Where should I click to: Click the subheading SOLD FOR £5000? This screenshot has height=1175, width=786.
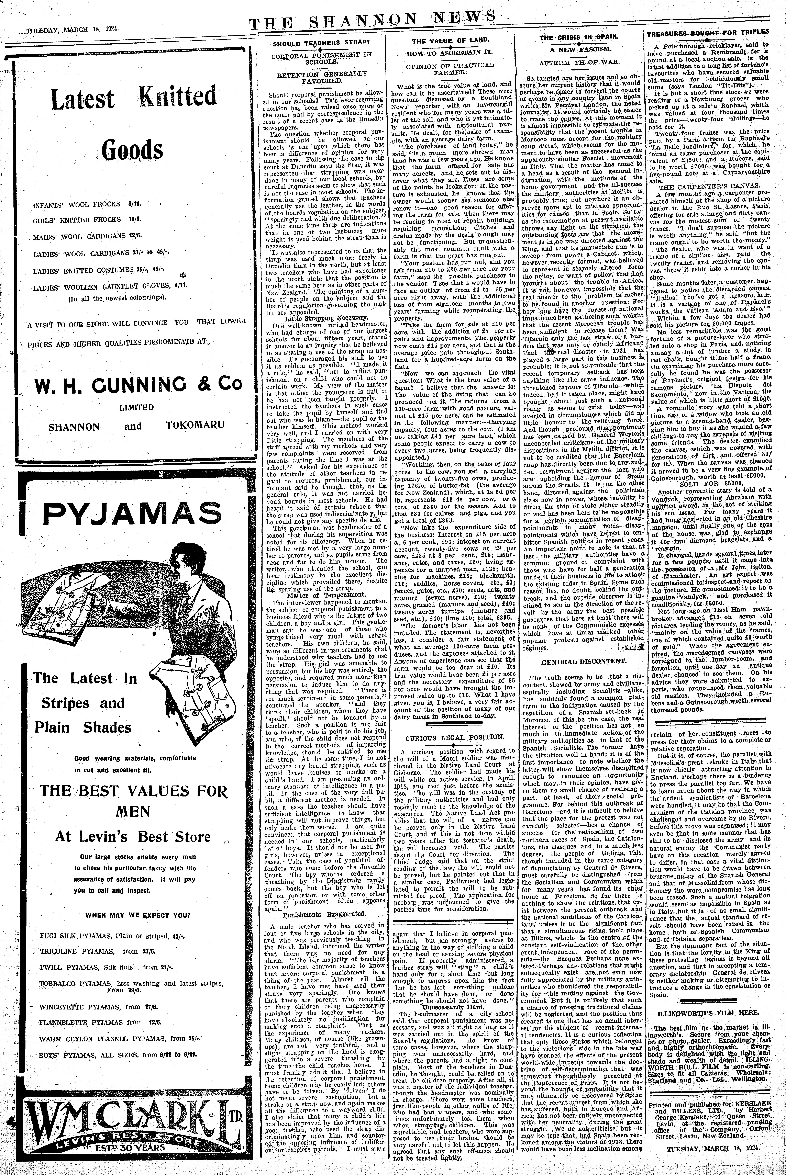pos(708,485)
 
